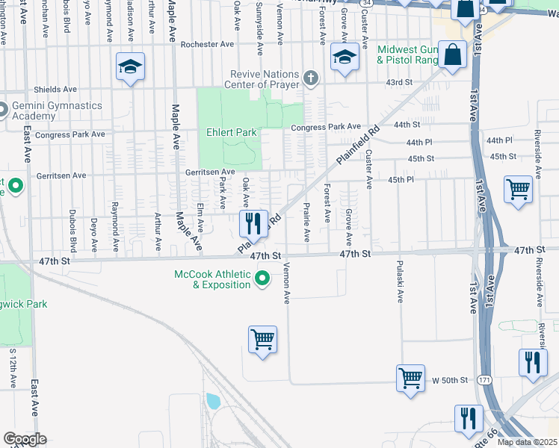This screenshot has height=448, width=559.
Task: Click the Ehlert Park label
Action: click(232, 132)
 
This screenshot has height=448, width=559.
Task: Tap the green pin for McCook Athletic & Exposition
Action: click(262, 280)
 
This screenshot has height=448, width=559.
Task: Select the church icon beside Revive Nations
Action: click(312, 76)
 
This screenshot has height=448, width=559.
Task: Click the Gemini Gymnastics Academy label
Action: click(55, 111)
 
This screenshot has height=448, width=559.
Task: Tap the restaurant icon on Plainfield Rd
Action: click(253, 223)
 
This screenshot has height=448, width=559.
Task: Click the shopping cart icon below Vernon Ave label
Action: click(262, 340)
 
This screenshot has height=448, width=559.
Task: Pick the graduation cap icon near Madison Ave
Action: click(130, 67)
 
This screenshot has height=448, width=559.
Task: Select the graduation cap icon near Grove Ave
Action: click(345, 57)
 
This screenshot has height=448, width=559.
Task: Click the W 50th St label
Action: click(450, 381)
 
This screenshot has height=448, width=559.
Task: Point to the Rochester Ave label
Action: click(208, 45)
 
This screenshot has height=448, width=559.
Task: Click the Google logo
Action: click(25, 439)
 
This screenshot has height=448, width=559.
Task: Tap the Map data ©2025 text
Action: click(527, 442)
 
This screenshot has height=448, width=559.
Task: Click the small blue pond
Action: click(213, 401)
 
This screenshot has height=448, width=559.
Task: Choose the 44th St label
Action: click(407, 124)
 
